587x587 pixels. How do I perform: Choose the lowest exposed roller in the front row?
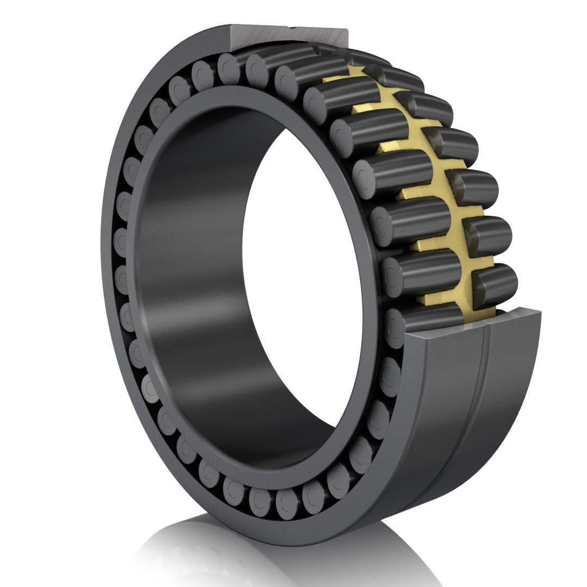(x=424, y=318)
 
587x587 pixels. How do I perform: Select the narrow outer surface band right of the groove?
(x=505, y=391)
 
